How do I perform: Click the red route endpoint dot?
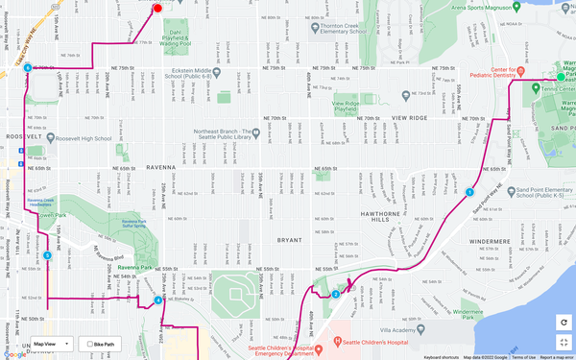[157, 9]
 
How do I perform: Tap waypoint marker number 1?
[469, 192]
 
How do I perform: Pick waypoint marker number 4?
[157, 300]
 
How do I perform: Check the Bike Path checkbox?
[89, 343]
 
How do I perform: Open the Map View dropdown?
[51, 343]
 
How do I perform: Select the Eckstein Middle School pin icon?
[219, 73]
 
